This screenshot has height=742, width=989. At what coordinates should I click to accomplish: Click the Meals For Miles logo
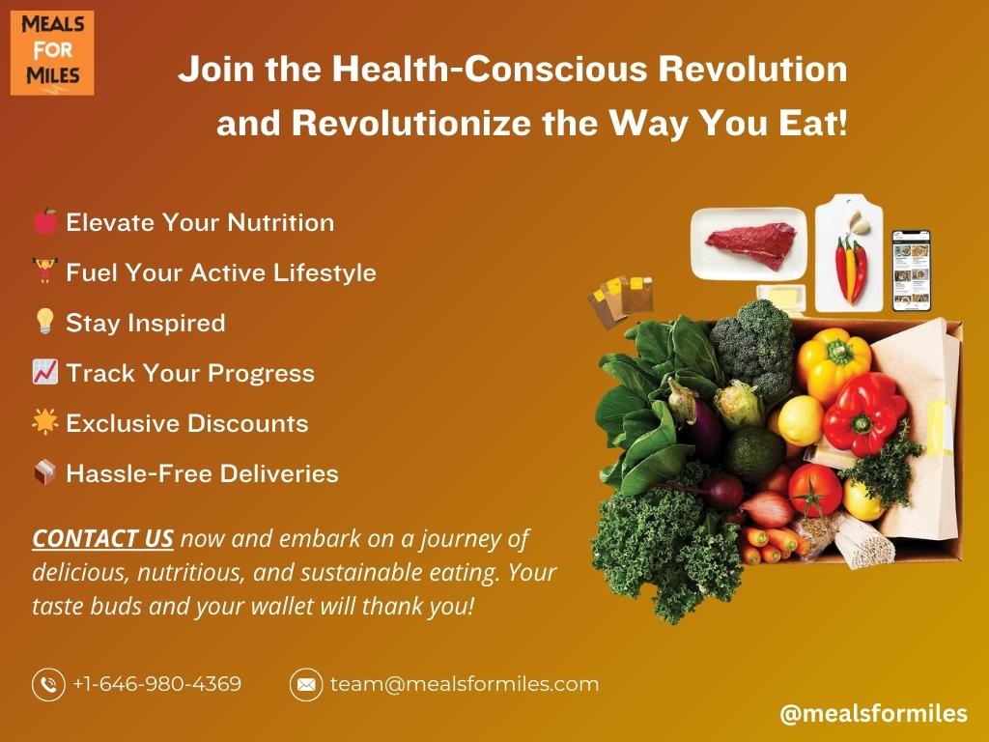click(x=52, y=53)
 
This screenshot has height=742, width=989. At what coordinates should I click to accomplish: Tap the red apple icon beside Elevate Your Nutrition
click(x=44, y=221)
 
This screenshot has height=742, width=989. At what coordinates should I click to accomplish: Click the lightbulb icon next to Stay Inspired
click(x=44, y=321)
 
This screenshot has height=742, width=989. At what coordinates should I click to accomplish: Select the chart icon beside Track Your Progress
click(x=44, y=372)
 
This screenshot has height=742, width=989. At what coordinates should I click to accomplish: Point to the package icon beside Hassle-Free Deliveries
click(x=44, y=472)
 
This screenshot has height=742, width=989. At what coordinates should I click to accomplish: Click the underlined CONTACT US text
click(x=102, y=538)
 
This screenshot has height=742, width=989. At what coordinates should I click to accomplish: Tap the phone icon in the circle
click(x=48, y=685)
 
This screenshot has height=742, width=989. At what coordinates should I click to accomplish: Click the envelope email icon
click(x=306, y=685)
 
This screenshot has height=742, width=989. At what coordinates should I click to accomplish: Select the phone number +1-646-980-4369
click(x=157, y=684)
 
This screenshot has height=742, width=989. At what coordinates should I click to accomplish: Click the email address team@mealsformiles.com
click(x=465, y=684)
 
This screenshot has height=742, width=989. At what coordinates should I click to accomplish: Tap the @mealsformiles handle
click(x=873, y=714)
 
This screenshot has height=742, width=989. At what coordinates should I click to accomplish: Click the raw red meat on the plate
click(x=751, y=244)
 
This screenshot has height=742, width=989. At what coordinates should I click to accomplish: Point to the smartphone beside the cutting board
click(x=912, y=271)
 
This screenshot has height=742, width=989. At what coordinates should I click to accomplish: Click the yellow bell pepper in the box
click(x=833, y=364)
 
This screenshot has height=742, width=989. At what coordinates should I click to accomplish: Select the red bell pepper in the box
click(x=864, y=414)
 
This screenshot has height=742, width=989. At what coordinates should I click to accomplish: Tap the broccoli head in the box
click(x=753, y=347)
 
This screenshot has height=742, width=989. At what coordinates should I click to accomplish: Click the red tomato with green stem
click(x=814, y=490)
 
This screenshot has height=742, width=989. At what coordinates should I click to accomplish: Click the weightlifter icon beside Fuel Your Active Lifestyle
click(x=44, y=271)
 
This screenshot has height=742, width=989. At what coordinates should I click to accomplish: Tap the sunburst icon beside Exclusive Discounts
click(x=44, y=421)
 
